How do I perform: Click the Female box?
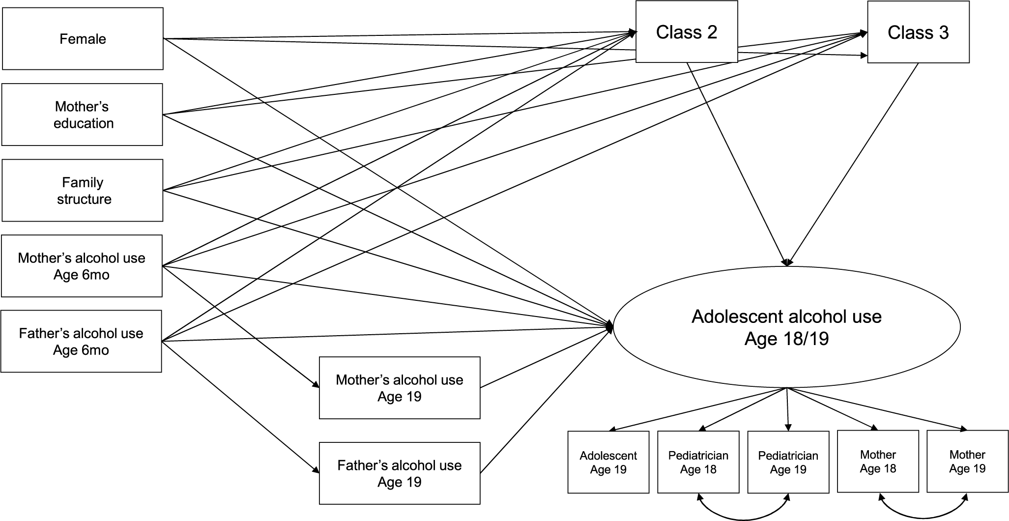83,39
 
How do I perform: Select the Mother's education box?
82,115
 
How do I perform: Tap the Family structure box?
83,190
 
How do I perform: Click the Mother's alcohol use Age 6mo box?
82,266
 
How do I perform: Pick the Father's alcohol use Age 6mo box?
81,341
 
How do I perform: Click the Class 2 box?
687,32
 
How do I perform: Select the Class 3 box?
918,32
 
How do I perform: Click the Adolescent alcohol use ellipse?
786,327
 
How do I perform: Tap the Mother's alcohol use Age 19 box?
400,388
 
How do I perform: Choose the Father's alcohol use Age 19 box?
400,473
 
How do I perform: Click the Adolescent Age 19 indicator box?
608,462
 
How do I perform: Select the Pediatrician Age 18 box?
698,462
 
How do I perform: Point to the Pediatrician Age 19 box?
788,462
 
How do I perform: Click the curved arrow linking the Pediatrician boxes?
743,518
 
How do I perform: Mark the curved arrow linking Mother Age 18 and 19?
923,518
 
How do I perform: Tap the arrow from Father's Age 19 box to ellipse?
546,401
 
